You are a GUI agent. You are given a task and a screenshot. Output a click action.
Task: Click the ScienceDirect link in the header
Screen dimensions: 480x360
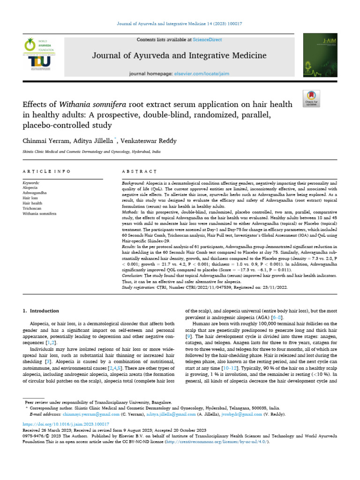tap(210, 40)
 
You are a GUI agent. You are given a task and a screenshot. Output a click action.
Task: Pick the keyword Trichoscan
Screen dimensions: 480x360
tap(32, 208)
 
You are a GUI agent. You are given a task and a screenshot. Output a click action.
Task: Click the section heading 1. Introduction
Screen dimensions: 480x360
tap(41, 311)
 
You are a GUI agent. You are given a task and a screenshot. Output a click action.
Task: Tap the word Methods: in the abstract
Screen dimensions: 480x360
tap(131, 212)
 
